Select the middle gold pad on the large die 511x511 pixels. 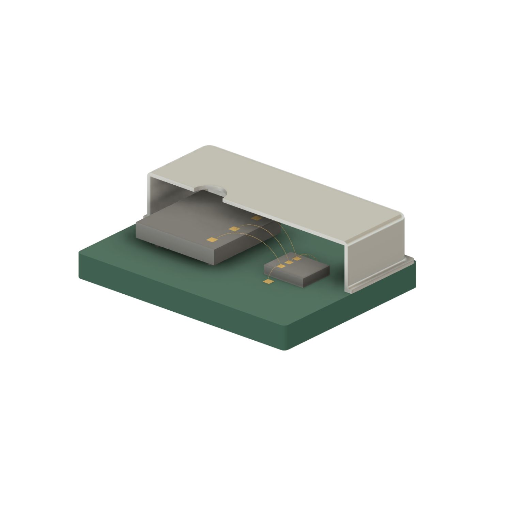point(233,228)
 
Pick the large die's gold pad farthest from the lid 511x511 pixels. point(212,240)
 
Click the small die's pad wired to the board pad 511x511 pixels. point(281,266)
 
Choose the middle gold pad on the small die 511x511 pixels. point(289,262)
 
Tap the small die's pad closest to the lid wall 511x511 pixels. point(297,259)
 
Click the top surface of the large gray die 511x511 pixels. point(191,218)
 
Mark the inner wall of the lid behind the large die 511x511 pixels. point(160,198)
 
